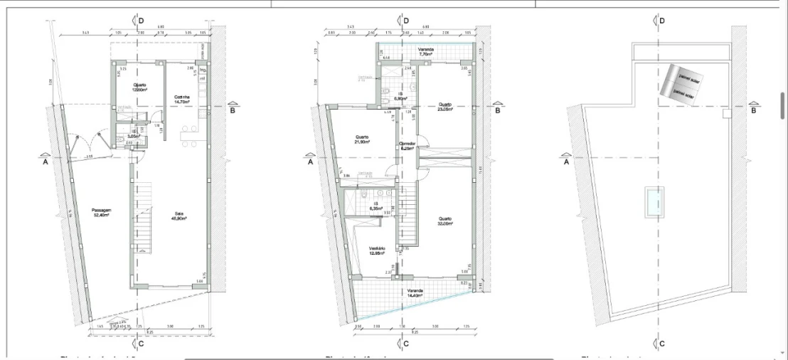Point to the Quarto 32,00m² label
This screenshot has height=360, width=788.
[x=446, y=221]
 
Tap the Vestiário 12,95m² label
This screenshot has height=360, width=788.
[x=377, y=250]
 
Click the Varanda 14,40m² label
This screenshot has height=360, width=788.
[x=415, y=293]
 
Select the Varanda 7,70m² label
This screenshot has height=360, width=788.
[x=426, y=51]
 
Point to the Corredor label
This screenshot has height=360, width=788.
[x=406, y=146]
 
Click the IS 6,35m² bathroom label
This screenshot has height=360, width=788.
[x=375, y=206]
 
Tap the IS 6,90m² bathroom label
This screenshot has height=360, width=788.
[x=400, y=95]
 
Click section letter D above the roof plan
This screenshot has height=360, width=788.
[x=662, y=21]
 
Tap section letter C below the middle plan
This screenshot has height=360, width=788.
[x=405, y=344]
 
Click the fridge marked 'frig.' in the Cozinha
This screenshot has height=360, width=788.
[x=203, y=70]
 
